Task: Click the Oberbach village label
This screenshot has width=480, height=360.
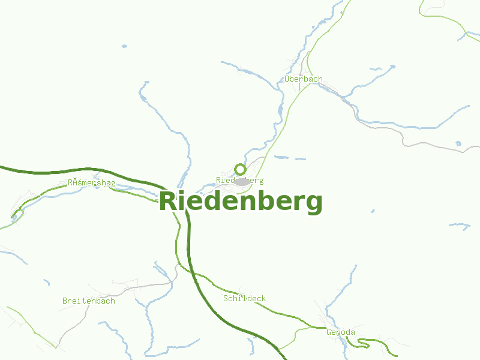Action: [x=304, y=79]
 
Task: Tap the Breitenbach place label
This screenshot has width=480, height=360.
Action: [x=89, y=301]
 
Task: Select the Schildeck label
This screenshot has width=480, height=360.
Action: [x=244, y=298]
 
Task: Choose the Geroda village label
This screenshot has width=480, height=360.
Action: [x=341, y=332]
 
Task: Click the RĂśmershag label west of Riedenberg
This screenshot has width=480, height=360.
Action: [x=92, y=183]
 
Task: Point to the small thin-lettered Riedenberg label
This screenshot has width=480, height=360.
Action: [x=239, y=180]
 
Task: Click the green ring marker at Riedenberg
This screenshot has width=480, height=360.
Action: [x=240, y=169]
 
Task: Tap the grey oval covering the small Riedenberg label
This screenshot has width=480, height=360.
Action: [x=242, y=181]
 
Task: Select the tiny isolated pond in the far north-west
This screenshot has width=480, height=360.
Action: [x=124, y=46]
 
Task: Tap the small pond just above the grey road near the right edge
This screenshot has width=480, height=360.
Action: [x=458, y=143]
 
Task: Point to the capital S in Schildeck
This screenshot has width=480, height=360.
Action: [x=226, y=298]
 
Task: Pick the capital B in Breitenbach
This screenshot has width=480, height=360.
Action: [x=65, y=301]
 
